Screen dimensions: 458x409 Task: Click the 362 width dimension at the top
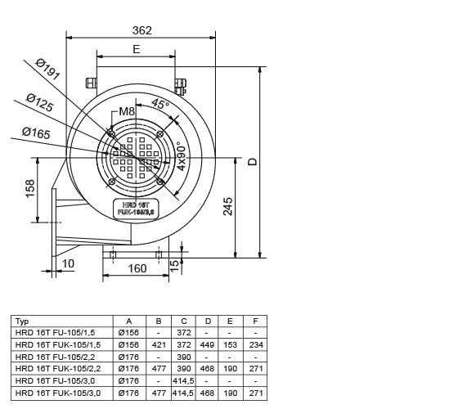coord(142,30)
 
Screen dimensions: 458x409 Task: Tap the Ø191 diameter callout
coord(48,70)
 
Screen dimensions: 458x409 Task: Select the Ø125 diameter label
coord(40,102)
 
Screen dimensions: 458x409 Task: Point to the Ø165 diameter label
coord(36,133)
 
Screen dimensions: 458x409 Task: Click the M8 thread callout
coord(127,111)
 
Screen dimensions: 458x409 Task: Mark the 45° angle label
coord(160,104)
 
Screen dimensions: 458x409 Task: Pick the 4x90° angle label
coord(182,156)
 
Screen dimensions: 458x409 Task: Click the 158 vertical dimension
coord(30,189)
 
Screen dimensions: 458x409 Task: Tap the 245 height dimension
coord(228,206)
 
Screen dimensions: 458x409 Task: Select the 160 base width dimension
coord(137,268)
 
